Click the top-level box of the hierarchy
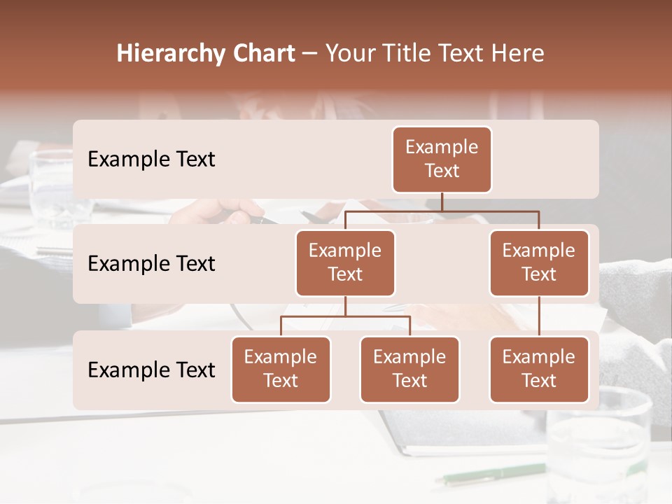[442, 159]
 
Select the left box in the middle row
[345, 262]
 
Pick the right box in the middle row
[539, 262]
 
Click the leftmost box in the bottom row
[281, 369]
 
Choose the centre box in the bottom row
[409, 369]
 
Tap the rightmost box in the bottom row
[539, 369]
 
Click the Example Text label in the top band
[151, 160]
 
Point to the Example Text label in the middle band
[151, 264]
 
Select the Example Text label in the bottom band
[151, 370]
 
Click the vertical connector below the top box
[442, 202]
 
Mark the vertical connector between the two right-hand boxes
[539, 316]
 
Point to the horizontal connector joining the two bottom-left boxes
[345, 316]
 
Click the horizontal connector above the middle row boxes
[442, 211]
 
